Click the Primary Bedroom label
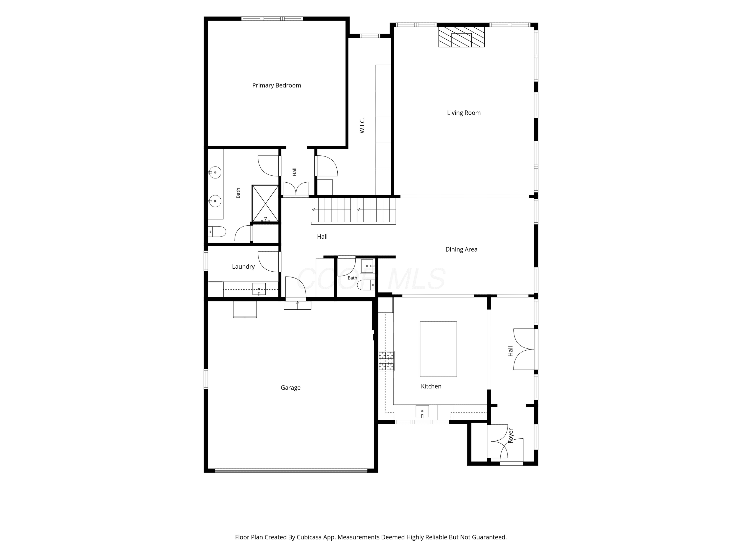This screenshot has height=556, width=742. tap(277, 86)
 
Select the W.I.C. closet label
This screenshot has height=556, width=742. tap(362, 126)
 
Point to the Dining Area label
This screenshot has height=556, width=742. tap(461, 249)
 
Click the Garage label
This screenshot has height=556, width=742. tap(291, 388)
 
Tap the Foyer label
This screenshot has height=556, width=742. tap(510, 436)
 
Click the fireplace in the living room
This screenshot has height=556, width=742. tap(462, 37)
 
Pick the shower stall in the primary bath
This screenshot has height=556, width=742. tap(265, 203)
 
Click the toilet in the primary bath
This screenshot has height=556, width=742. tap(217, 232)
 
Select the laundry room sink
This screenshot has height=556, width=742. tap(259, 289)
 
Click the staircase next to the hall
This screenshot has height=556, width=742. tap(353, 211)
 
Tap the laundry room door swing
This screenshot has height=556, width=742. tap(268, 262)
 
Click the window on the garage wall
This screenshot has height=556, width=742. tap(206, 379)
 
